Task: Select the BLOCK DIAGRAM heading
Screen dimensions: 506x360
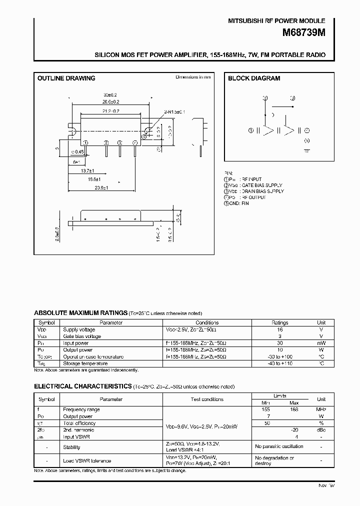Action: tap(254, 78)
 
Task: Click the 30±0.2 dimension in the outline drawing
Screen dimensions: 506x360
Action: tap(110, 95)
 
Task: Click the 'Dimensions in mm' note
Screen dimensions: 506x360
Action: tap(193, 77)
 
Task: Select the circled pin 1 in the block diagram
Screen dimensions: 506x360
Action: tap(250, 130)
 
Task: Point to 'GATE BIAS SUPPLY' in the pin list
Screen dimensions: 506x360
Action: tap(261, 185)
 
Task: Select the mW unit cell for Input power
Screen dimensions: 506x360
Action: tap(321, 343)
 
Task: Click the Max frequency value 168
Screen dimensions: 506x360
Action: tap(294, 409)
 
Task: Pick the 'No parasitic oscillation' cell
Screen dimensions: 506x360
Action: tap(279, 446)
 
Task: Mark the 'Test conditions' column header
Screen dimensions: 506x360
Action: tap(206, 399)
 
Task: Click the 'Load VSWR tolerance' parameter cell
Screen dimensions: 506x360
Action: tap(87, 461)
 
